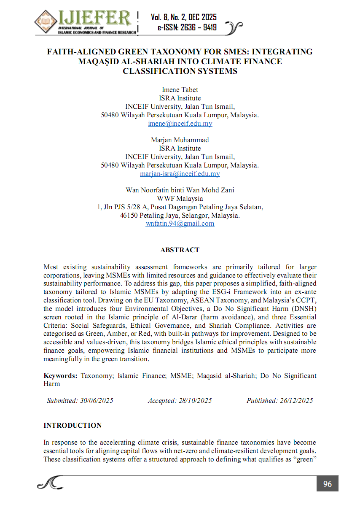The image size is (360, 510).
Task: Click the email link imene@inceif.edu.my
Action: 180,124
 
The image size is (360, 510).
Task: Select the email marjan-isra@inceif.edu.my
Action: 180,174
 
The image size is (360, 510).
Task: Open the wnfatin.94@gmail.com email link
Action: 180,224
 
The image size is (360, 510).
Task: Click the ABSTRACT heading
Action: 180,250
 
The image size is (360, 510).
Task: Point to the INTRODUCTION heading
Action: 73,425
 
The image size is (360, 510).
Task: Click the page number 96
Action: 327,484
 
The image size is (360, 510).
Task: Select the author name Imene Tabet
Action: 180,90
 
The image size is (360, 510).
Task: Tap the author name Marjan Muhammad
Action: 180,140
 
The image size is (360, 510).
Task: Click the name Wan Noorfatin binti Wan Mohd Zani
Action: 180,190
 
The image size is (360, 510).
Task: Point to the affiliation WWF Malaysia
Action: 180,198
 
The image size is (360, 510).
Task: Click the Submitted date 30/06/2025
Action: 97,401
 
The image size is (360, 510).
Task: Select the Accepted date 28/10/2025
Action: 195,401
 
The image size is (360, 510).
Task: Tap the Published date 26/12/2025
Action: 296,401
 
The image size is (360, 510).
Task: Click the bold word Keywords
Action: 60,376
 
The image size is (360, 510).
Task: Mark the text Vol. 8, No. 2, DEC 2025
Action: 184,17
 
